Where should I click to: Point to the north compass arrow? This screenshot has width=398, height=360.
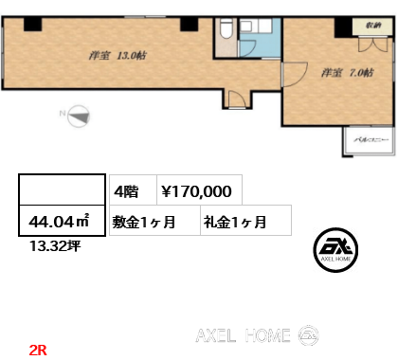[77, 117]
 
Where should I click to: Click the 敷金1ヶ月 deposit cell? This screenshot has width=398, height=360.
[144, 223]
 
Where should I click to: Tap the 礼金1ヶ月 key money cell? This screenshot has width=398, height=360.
[233, 223]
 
